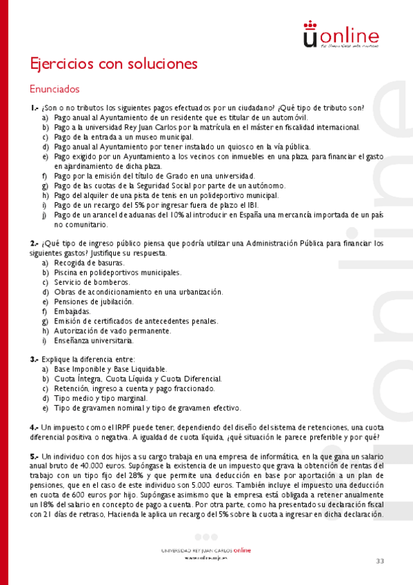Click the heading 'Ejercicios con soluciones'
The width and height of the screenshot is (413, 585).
point(114,64)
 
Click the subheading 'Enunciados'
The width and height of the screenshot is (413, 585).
point(54,90)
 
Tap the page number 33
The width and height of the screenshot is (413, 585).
point(380,560)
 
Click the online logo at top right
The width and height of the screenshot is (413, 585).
point(341,35)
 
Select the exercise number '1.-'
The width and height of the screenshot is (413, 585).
point(34,108)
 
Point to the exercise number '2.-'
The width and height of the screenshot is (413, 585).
point(34,244)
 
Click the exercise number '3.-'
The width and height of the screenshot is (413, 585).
point(34,359)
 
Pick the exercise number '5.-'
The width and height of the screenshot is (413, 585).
point(34,457)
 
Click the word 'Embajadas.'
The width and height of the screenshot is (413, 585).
point(72,311)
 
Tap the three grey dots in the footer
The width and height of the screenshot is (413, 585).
point(206,537)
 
